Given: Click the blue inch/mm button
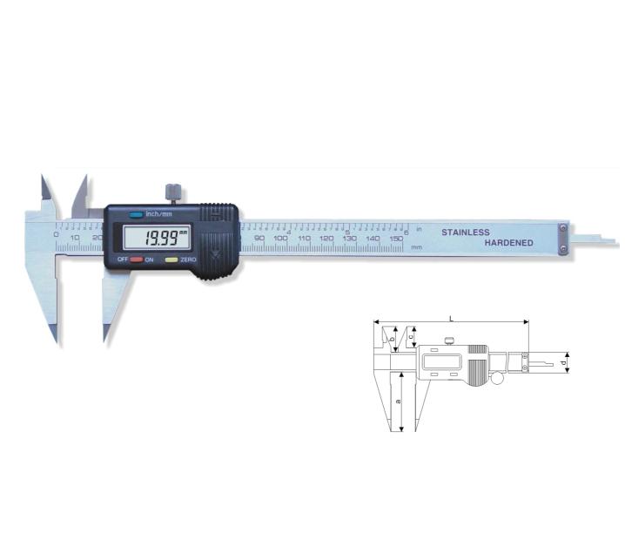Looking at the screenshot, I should (135, 214).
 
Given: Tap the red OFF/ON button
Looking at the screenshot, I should (136, 260).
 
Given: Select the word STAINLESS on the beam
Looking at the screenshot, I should (466, 233).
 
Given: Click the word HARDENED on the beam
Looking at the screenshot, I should (508, 243).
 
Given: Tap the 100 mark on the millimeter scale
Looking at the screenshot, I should (280, 239).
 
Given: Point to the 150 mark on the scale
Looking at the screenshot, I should (395, 239).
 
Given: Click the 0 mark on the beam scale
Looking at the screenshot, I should (55, 235).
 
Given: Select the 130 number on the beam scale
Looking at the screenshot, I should (349, 239).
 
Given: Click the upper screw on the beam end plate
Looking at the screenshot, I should (562, 229).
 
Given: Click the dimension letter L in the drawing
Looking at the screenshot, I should (451, 318).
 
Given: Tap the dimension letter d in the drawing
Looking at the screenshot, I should (564, 361).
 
